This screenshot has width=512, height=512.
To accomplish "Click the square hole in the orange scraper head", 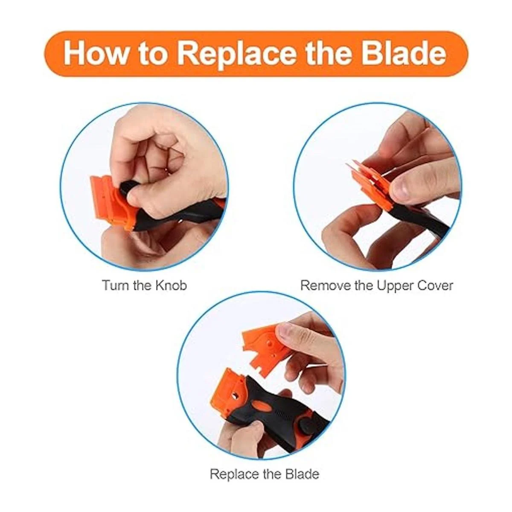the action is [235, 403].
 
